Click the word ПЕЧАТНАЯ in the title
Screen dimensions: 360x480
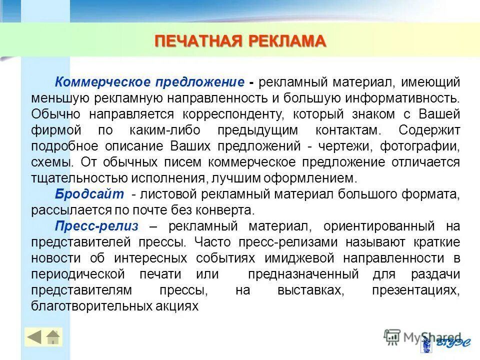196,41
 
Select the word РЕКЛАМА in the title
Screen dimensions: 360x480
284,41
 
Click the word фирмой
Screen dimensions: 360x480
52,130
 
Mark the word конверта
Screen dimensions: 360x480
227,210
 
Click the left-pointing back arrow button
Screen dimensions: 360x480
34,337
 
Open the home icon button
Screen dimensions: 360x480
53,337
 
